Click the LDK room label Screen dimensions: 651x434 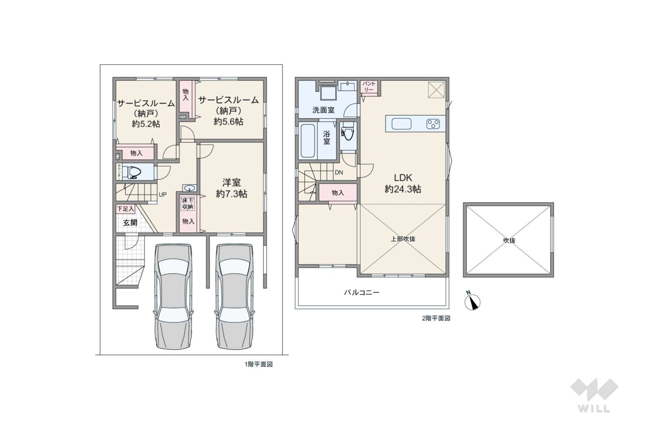click(x=403, y=177)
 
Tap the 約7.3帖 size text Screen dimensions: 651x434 click(x=231, y=194)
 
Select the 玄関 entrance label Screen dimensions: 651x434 click(x=130, y=223)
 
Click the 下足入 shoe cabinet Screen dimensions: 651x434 click(x=126, y=209)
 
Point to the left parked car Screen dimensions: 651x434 click(x=174, y=296)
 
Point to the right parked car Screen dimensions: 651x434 click(x=234, y=296)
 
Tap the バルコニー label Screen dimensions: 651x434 click(x=361, y=292)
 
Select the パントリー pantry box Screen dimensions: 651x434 click(x=369, y=87)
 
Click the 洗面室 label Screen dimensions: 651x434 click(x=323, y=110)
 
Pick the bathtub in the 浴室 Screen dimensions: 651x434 click(x=308, y=141)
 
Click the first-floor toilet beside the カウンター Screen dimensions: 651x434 click(x=132, y=172)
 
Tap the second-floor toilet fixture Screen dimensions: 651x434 click(x=348, y=132)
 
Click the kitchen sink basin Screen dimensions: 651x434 click(x=401, y=124)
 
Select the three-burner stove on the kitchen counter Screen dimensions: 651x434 click(x=433, y=124)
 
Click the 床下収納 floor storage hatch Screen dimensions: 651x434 click(x=188, y=204)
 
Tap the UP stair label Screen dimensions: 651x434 click(x=162, y=194)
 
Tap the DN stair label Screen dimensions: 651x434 click(x=339, y=172)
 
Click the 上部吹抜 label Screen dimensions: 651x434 click(x=403, y=239)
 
